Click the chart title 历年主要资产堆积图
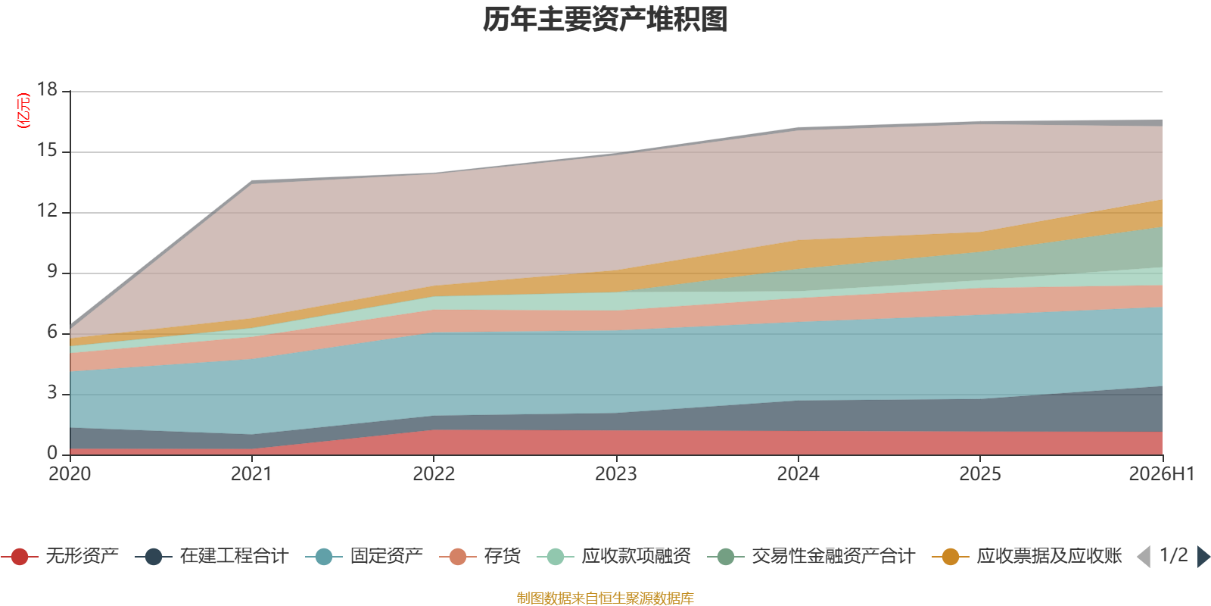[605, 20]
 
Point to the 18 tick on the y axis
[47, 89]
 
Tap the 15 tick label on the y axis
[47, 150]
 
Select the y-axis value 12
[47, 211]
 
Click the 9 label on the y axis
[52, 271]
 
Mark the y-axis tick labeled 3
[52, 392]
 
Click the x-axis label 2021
[251, 474]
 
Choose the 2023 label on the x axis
[616, 474]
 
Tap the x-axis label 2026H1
[1162, 474]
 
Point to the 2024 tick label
[798, 474]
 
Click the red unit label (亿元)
[23, 111]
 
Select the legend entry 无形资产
[60, 556]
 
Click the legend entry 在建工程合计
[212, 556]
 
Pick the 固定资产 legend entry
[364, 556]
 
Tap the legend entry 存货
[480, 556]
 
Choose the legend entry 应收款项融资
[614, 556]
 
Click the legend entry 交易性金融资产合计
[811, 556]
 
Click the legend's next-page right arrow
[1203, 557]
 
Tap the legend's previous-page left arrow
[1144, 557]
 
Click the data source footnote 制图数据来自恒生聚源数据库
[605, 598]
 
